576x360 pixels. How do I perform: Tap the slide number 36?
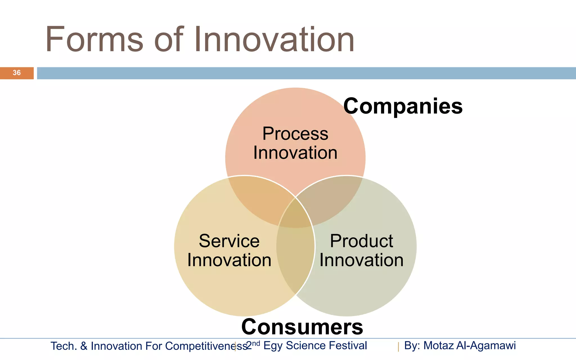[17, 73]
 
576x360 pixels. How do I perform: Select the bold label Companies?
[403, 106]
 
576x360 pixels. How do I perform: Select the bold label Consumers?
[302, 327]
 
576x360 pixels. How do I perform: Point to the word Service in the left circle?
[229, 241]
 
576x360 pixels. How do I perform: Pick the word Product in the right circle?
[361, 241]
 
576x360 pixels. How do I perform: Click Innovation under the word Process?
[295, 153]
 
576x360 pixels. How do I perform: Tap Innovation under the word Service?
[229, 260]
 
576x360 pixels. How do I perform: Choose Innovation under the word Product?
[361, 260]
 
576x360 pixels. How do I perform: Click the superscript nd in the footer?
[256, 343]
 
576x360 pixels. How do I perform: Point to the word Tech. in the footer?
[64, 346]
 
